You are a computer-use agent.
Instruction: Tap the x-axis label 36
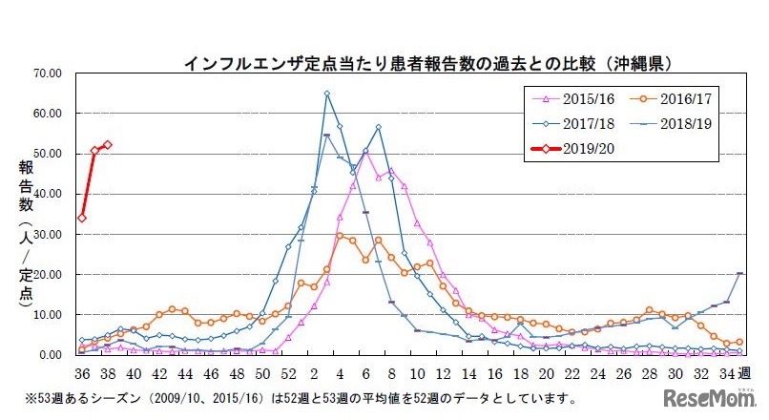click(x=82, y=373)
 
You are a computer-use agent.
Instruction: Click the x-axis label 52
click(x=288, y=373)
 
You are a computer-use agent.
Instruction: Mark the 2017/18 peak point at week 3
click(x=327, y=94)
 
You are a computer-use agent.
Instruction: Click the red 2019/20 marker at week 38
click(x=107, y=145)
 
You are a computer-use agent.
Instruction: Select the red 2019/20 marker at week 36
click(x=82, y=218)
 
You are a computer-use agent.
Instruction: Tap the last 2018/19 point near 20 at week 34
click(x=738, y=273)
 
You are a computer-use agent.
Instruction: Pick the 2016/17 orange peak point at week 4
click(x=340, y=235)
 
